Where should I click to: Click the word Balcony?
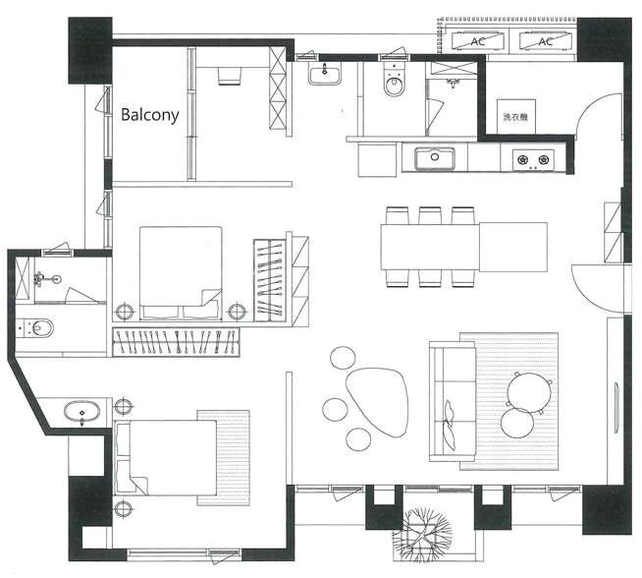[150, 115]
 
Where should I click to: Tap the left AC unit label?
[478, 41]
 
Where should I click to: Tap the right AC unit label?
[546, 41]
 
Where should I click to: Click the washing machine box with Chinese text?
[516, 116]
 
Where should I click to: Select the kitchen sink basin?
[435, 158]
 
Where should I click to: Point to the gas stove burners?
[533, 160]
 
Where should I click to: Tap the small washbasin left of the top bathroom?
[324, 74]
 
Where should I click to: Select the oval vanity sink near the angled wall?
[81, 413]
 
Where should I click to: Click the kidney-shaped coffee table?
[377, 402]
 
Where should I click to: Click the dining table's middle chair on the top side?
[430, 215]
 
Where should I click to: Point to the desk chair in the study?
[230, 77]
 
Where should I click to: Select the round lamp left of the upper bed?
[125, 312]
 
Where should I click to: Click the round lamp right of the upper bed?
[237, 312]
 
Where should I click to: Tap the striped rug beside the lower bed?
[224, 457]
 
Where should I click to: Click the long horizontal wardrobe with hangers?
[176, 342]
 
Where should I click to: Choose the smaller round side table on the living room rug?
[517, 423]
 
